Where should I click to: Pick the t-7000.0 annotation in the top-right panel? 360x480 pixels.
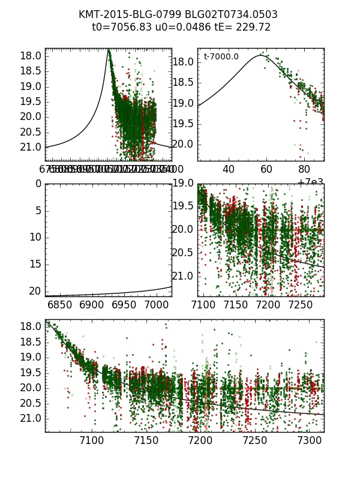coord(221,57)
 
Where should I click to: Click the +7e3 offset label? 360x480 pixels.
coord(310,182)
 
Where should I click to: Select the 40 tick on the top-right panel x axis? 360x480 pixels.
coord(229,170)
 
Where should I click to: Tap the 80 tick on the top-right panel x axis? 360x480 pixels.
coord(304,170)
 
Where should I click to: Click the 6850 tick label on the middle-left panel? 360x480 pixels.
coord(59,305)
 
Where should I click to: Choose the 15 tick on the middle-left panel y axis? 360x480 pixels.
coord(34,264)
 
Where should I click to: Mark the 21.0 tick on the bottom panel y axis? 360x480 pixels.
coord(30,418)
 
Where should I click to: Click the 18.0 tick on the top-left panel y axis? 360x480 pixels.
coord(30,56)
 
